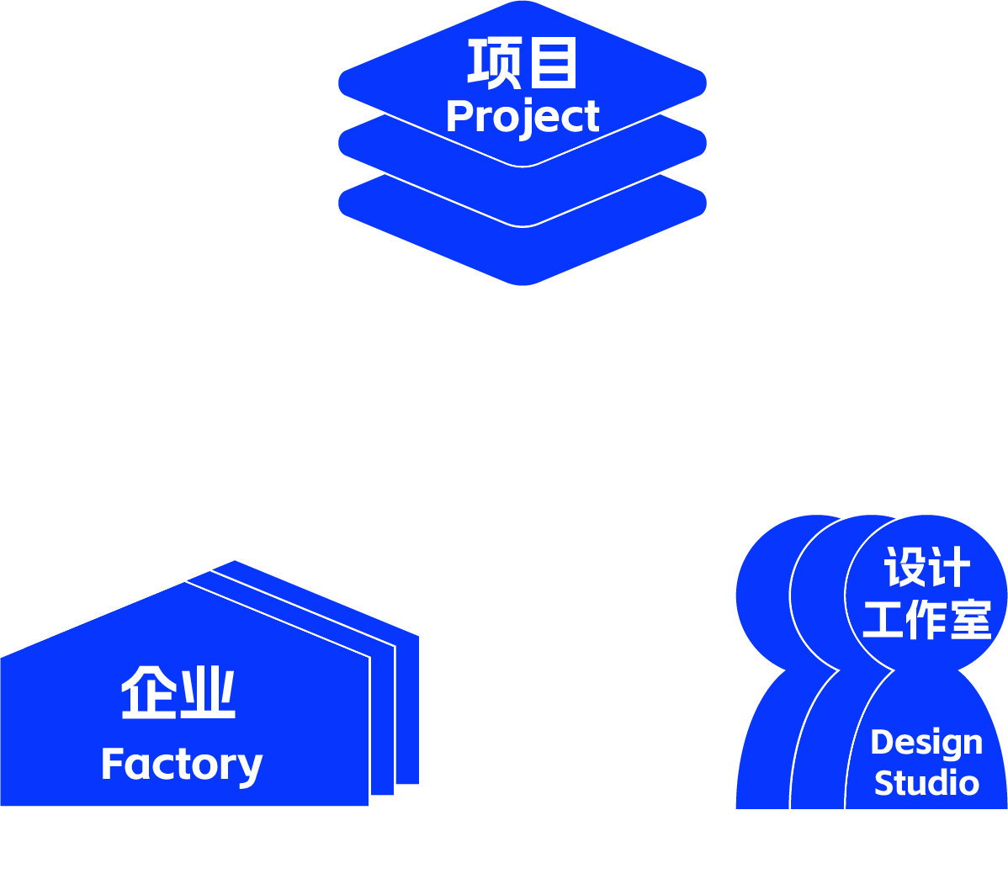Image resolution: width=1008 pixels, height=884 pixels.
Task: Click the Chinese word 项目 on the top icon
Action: click(x=523, y=63)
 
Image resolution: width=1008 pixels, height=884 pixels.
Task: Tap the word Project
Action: click(x=523, y=117)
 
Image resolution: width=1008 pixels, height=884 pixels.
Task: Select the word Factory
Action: click(x=182, y=765)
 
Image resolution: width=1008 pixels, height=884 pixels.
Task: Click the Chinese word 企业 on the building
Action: click(x=178, y=692)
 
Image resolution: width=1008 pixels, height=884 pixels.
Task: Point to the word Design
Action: click(x=926, y=743)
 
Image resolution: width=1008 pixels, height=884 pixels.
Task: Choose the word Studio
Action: click(x=926, y=783)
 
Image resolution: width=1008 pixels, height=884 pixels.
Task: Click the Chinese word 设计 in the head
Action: click(x=926, y=568)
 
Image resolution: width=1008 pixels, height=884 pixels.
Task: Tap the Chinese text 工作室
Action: click(x=926, y=620)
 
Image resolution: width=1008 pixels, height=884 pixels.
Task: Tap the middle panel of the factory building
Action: click(x=383, y=723)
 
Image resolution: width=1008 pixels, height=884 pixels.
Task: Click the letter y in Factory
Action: click(x=250, y=768)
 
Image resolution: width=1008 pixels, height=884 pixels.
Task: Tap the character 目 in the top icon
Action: click(x=553, y=63)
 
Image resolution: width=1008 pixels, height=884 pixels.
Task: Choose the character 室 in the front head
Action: click(x=970, y=620)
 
